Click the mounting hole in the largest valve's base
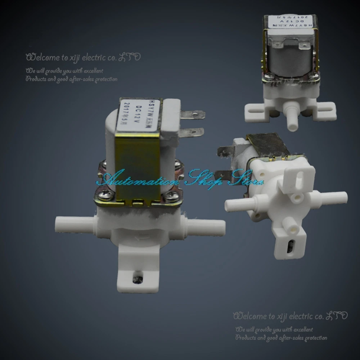coord(136,278)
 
